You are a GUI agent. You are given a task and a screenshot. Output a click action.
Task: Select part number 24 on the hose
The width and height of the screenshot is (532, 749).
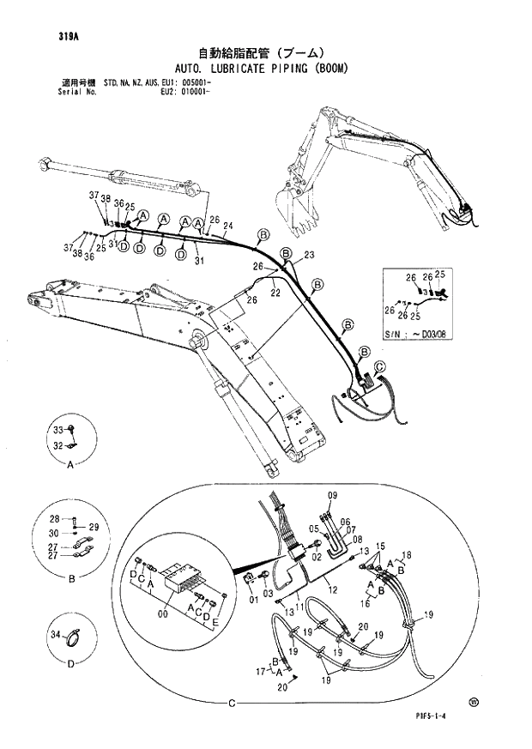pos(228,226)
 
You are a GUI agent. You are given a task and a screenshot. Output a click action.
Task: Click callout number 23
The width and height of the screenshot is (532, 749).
pos(309,255)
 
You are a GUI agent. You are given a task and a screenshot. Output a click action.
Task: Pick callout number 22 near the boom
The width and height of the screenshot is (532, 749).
pos(275,293)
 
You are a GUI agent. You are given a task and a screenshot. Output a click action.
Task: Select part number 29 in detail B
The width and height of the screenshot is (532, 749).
pos(94,526)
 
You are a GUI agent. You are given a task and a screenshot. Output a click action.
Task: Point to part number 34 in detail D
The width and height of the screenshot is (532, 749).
pos(57,635)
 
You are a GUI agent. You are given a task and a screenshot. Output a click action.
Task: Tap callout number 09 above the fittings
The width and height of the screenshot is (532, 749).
pos(333,496)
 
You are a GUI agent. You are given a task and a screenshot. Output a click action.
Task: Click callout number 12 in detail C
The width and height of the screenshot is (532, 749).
pos(332,589)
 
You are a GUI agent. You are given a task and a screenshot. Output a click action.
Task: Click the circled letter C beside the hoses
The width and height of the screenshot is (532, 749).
pos(380,366)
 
